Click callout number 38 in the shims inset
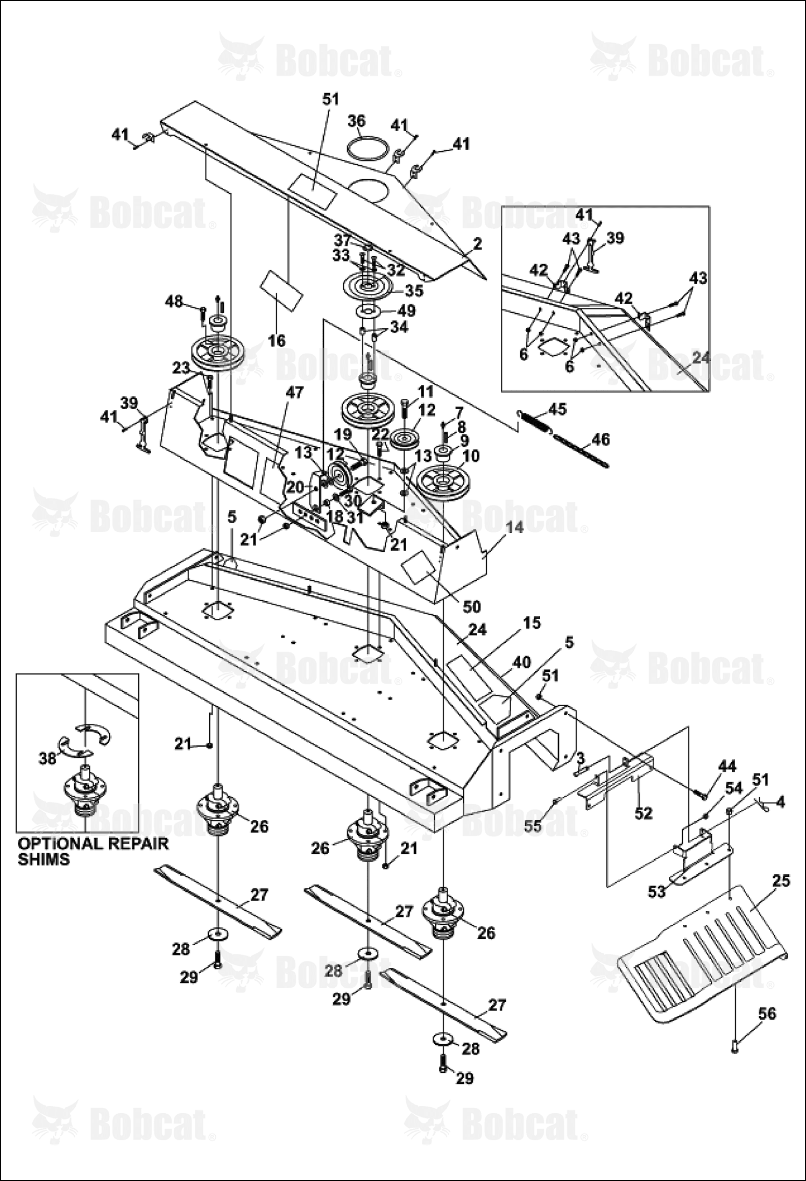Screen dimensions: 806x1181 click(48, 758)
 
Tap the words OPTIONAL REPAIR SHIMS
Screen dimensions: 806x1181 click(93, 851)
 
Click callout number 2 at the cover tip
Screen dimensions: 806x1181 click(477, 244)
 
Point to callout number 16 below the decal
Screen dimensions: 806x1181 click(278, 340)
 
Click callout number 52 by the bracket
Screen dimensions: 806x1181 click(643, 812)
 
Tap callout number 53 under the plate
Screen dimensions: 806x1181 click(657, 892)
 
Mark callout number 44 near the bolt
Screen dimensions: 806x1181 click(727, 766)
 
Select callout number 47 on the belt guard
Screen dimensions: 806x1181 click(295, 392)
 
